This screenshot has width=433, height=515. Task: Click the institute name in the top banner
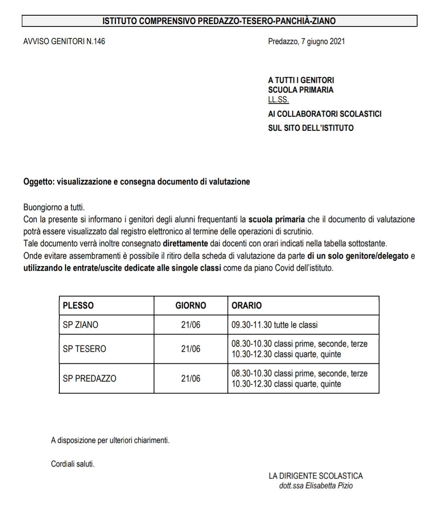coord(219,21)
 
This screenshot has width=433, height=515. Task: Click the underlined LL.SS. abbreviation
coord(278,100)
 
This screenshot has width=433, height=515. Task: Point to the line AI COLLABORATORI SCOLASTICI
coord(324,114)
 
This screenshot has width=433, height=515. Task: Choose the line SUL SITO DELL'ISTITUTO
coord(311,128)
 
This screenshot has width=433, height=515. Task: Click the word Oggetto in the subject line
coord(39,182)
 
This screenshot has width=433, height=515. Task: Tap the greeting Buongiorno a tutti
coord(54,208)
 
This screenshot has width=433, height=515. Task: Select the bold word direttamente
coord(185,243)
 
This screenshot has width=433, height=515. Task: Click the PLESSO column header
coord(78,306)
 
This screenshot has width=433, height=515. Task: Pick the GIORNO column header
coord(190,306)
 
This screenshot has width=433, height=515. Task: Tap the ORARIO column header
coord(247,306)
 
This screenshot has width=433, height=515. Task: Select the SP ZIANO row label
coord(81,325)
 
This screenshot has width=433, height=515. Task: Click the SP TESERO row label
coord(84,349)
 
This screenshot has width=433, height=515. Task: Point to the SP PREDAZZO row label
coord(89,379)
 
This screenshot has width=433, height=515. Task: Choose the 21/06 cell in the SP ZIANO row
coord(190,325)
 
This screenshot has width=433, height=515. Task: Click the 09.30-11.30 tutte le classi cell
coord(275,325)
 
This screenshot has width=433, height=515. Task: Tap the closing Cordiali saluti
coord(73,464)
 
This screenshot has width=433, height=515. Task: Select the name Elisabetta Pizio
coord(329,486)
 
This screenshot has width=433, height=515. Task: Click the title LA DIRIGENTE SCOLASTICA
coord(316,476)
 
